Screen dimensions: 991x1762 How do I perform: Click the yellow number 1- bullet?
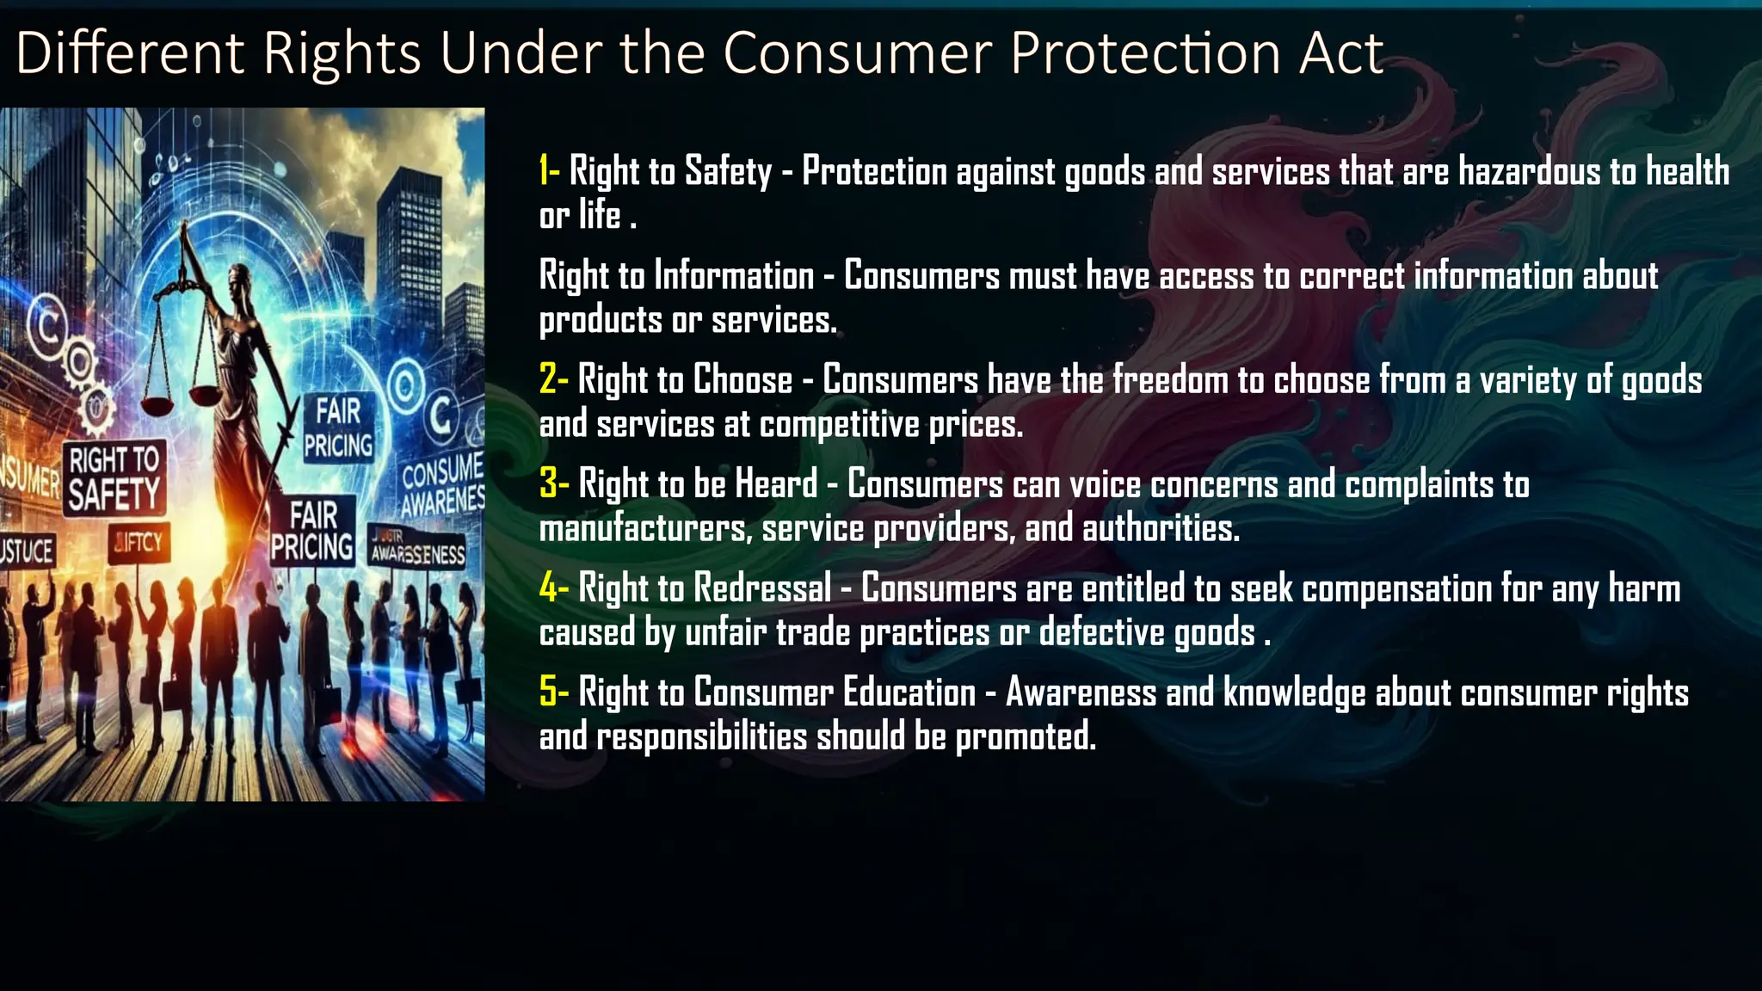click(x=549, y=170)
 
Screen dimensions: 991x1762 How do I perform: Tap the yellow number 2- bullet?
click(x=553, y=379)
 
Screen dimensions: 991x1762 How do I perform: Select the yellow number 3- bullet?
click(x=553, y=483)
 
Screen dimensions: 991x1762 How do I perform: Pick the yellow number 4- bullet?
click(x=553, y=588)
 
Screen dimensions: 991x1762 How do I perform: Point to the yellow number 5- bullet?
click(x=553, y=692)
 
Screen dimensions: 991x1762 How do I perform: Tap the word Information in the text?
click(x=733, y=276)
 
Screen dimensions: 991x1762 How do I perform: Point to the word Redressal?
click(x=762, y=588)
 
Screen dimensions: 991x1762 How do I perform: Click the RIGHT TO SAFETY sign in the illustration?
click(x=114, y=478)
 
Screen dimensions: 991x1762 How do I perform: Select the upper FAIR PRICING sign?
click(x=338, y=428)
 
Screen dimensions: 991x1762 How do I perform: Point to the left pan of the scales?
click(x=157, y=402)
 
